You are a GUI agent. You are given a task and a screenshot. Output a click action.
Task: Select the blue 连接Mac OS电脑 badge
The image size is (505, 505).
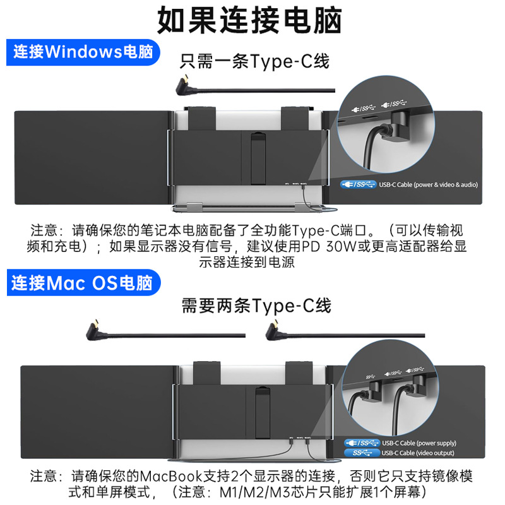[x=82, y=282]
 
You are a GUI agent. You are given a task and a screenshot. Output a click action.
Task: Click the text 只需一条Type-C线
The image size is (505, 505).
[x=254, y=62]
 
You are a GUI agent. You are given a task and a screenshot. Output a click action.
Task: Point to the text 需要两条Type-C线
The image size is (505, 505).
[x=256, y=306]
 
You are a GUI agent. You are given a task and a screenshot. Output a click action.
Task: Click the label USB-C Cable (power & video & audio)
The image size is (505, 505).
[x=428, y=184]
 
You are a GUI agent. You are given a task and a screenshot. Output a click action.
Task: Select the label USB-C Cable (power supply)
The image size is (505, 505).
[x=419, y=443]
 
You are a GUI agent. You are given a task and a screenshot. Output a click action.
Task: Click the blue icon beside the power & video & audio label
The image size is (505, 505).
[x=358, y=184]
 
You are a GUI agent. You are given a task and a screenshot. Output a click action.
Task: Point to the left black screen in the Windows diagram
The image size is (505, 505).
[x=92, y=157]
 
